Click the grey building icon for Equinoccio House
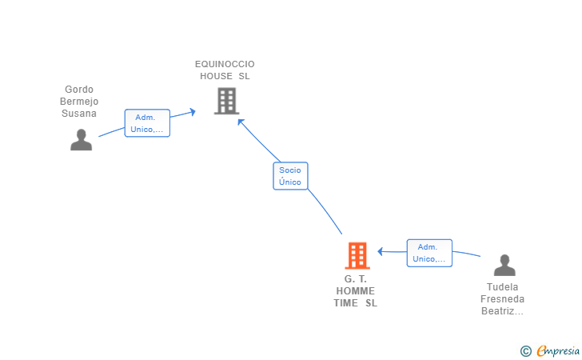click(x=226, y=101)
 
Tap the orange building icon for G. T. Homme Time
click(x=357, y=255)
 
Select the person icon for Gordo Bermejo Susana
click(x=82, y=140)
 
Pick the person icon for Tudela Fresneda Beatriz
click(x=504, y=265)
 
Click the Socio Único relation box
click(x=290, y=176)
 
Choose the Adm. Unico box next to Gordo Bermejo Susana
click(x=147, y=123)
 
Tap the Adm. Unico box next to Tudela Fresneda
click(x=429, y=253)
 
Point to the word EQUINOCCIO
click(x=225, y=64)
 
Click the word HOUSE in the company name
click(x=216, y=76)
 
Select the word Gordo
click(x=79, y=90)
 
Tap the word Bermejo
click(x=79, y=102)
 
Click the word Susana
click(x=79, y=114)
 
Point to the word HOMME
click(x=356, y=291)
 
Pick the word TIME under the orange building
click(x=345, y=303)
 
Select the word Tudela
click(x=503, y=287)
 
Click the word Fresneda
click(x=503, y=299)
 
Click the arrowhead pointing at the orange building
click(x=380, y=251)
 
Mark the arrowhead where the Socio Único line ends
click(x=241, y=122)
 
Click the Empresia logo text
click(x=558, y=350)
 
